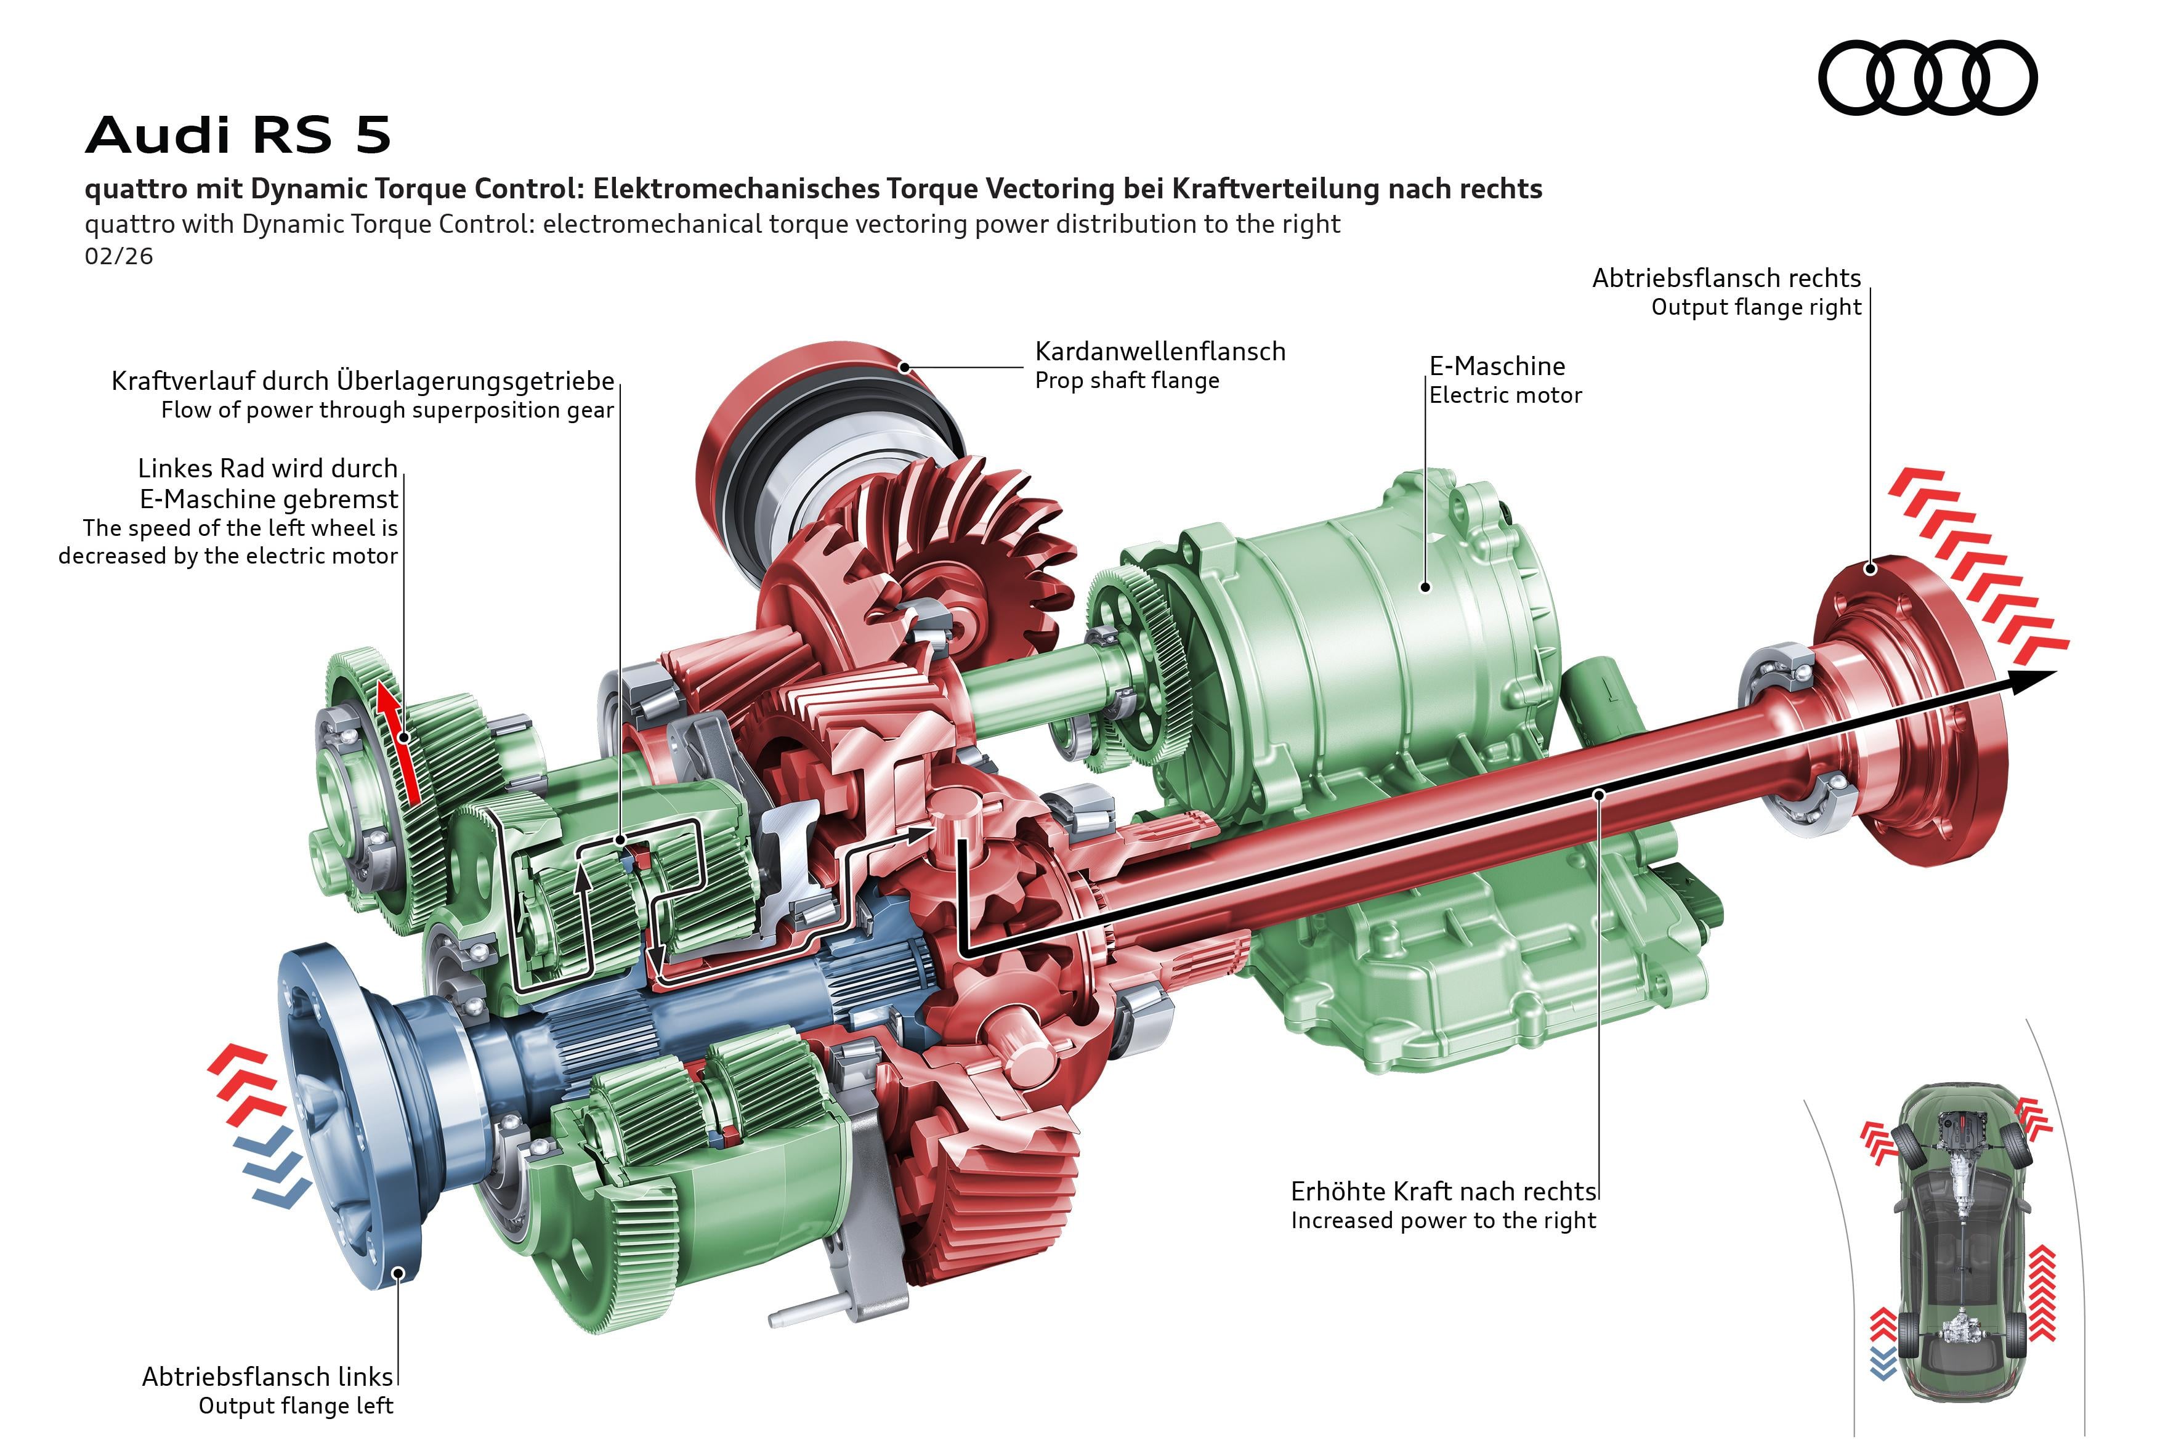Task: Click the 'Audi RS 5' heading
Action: pyautogui.click(x=239, y=134)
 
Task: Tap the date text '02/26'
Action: pyautogui.click(x=118, y=256)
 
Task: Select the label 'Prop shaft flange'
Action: pyautogui.click(x=1127, y=381)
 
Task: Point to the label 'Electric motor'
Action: pyautogui.click(x=1505, y=396)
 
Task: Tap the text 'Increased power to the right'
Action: pyautogui.click(x=1442, y=1221)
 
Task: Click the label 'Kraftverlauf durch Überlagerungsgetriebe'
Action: pyautogui.click(x=363, y=381)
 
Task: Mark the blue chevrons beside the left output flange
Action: pyautogui.click(x=271, y=1171)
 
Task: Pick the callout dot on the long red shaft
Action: pyautogui.click(x=1599, y=793)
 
